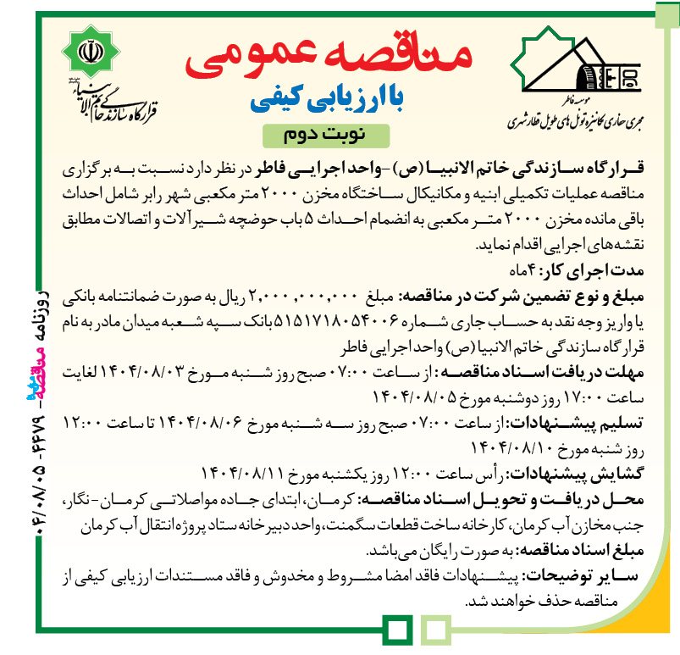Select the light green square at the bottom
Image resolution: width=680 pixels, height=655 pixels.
[x=434, y=629]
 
